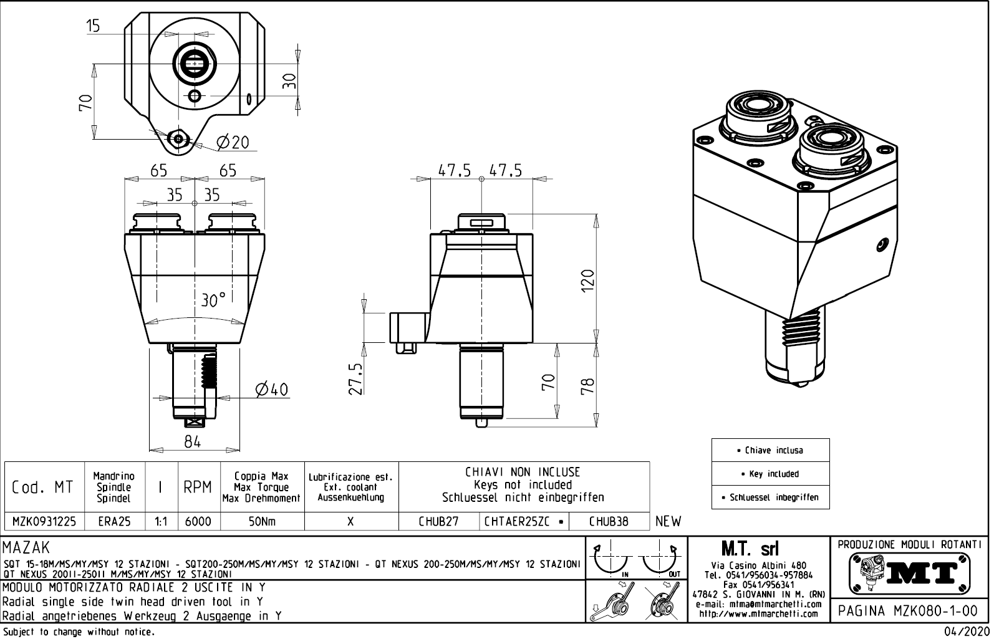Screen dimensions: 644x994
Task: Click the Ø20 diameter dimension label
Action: coord(233,143)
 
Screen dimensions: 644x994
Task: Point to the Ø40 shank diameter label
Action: coord(271,390)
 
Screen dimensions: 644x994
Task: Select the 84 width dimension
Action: coord(193,442)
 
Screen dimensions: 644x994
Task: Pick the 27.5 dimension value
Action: coord(355,378)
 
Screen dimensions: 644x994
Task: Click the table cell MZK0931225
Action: coord(44,521)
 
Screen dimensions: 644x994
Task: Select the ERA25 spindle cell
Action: coord(115,521)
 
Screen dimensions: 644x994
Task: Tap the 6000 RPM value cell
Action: coord(198,521)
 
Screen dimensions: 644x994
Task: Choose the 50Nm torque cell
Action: coord(262,521)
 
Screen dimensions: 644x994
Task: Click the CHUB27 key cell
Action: coord(438,521)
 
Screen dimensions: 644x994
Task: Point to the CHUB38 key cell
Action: coord(609,521)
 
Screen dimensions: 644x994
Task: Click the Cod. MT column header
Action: coord(43,487)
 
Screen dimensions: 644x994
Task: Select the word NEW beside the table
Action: coord(668,521)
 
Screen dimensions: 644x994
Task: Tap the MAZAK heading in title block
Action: coord(26,549)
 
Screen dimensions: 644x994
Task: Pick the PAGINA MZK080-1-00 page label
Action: coord(910,611)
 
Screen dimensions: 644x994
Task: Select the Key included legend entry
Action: coord(770,474)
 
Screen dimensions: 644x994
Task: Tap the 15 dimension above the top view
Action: coord(93,26)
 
